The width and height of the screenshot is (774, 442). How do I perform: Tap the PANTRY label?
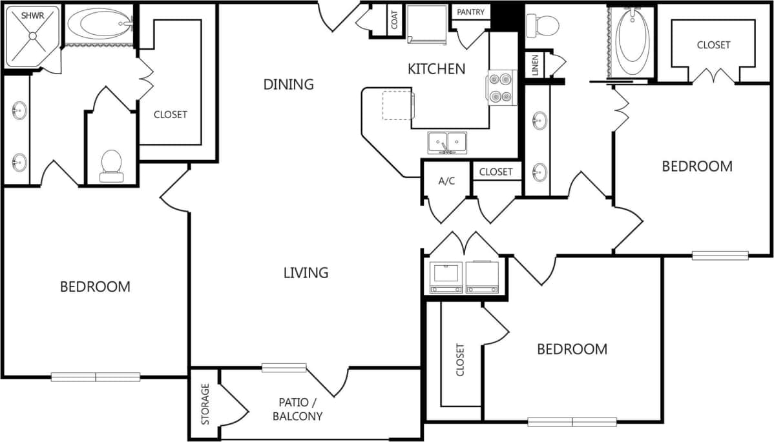[471, 12]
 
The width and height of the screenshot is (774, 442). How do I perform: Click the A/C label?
[446, 181]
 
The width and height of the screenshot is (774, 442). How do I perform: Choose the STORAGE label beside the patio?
[205, 404]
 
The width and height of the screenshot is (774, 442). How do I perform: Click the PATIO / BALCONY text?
[297, 409]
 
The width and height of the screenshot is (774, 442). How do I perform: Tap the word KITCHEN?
[436, 68]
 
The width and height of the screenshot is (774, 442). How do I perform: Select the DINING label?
[288, 84]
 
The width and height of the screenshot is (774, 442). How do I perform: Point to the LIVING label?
[306, 272]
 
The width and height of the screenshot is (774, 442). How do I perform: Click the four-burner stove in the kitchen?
[502, 88]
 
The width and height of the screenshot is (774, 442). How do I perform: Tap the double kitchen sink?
[448, 141]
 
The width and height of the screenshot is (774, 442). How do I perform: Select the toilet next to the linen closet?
[543, 26]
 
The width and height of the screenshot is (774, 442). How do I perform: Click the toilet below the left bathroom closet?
[111, 165]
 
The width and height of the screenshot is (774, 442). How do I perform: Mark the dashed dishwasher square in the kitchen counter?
[397, 105]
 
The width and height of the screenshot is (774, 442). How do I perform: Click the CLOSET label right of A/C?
[496, 172]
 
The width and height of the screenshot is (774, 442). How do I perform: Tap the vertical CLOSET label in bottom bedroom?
[460, 359]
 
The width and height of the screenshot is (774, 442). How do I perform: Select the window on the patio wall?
[284, 368]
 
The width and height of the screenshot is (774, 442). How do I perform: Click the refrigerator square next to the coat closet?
[427, 25]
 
